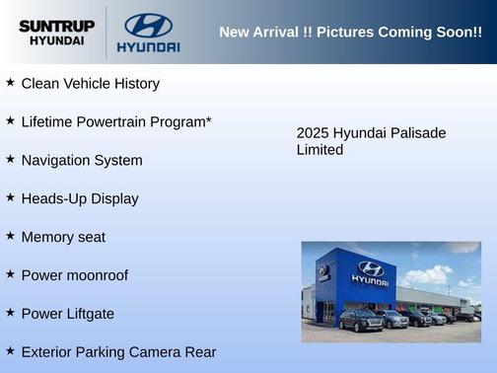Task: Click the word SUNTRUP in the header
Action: click(x=55, y=25)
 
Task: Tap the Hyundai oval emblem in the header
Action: click(x=148, y=25)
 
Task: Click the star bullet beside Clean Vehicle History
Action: click(x=10, y=83)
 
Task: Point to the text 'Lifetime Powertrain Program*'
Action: click(x=116, y=122)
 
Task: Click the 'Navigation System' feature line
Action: click(x=82, y=160)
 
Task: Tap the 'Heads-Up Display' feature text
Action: click(x=80, y=198)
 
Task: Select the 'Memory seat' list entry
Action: click(x=63, y=237)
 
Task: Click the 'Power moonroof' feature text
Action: click(x=75, y=275)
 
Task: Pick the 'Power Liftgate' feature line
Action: click(x=68, y=314)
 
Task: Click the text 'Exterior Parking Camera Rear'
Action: click(x=118, y=351)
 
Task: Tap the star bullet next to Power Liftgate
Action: click(x=10, y=313)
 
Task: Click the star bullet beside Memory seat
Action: click(x=10, y=236)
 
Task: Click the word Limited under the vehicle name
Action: click(x=319, y=150)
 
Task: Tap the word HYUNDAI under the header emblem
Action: click(x=148, y=46)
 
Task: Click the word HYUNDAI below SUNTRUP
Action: click(x=55, y=41)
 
